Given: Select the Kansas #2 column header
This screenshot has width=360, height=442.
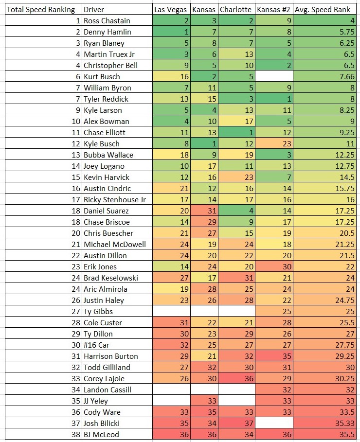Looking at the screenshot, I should [x=274, y=9].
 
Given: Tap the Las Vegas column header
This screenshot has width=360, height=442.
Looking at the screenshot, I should [x=171, y=9].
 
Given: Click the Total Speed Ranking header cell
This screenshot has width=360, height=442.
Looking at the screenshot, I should [x=42, y=9].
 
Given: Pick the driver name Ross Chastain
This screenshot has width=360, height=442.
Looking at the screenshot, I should [x=104, y=20].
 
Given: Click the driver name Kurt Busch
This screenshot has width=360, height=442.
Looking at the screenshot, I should [x=102, y=76].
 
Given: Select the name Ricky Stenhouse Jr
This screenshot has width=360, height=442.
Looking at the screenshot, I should [x=115, y=199].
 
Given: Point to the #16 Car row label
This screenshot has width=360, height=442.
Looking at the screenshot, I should [x=96, y=345].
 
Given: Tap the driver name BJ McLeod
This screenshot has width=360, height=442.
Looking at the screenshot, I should [x=101, y=434].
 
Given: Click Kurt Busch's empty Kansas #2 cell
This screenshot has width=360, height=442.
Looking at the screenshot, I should [x=274, y=76].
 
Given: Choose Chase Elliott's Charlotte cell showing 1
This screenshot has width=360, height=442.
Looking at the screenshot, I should [x=236, y=132].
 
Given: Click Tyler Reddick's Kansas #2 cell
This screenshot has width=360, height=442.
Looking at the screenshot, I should [x=274, y=99].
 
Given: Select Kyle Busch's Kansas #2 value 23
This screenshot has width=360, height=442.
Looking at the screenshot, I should [x=274, y=143].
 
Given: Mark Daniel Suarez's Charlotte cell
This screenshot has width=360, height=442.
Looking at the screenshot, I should [x=236, y=211].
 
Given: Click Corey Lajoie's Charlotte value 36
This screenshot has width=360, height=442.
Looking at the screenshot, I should [x=236, y=378].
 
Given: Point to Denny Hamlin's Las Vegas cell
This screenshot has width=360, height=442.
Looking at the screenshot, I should [x=171, y=32].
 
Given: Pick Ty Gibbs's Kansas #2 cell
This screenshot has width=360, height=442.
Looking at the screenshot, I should [x=274, y=311].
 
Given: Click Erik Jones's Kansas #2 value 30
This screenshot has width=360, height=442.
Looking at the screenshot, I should [x=274, y=266].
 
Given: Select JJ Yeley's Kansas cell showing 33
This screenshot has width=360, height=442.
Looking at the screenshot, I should [x=204, y=401].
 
